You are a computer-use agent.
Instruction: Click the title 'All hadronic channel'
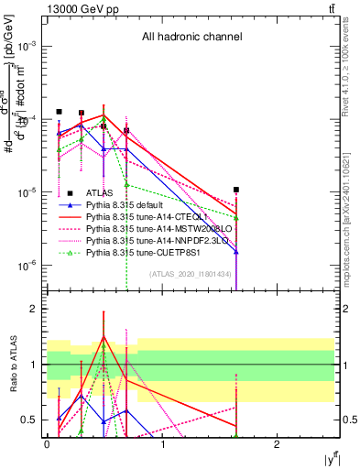[191, 38]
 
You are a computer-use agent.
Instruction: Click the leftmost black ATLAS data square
[59, 112]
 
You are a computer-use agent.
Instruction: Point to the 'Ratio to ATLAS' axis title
[12, 364]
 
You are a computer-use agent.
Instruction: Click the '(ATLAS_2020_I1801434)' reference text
[190, 273]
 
